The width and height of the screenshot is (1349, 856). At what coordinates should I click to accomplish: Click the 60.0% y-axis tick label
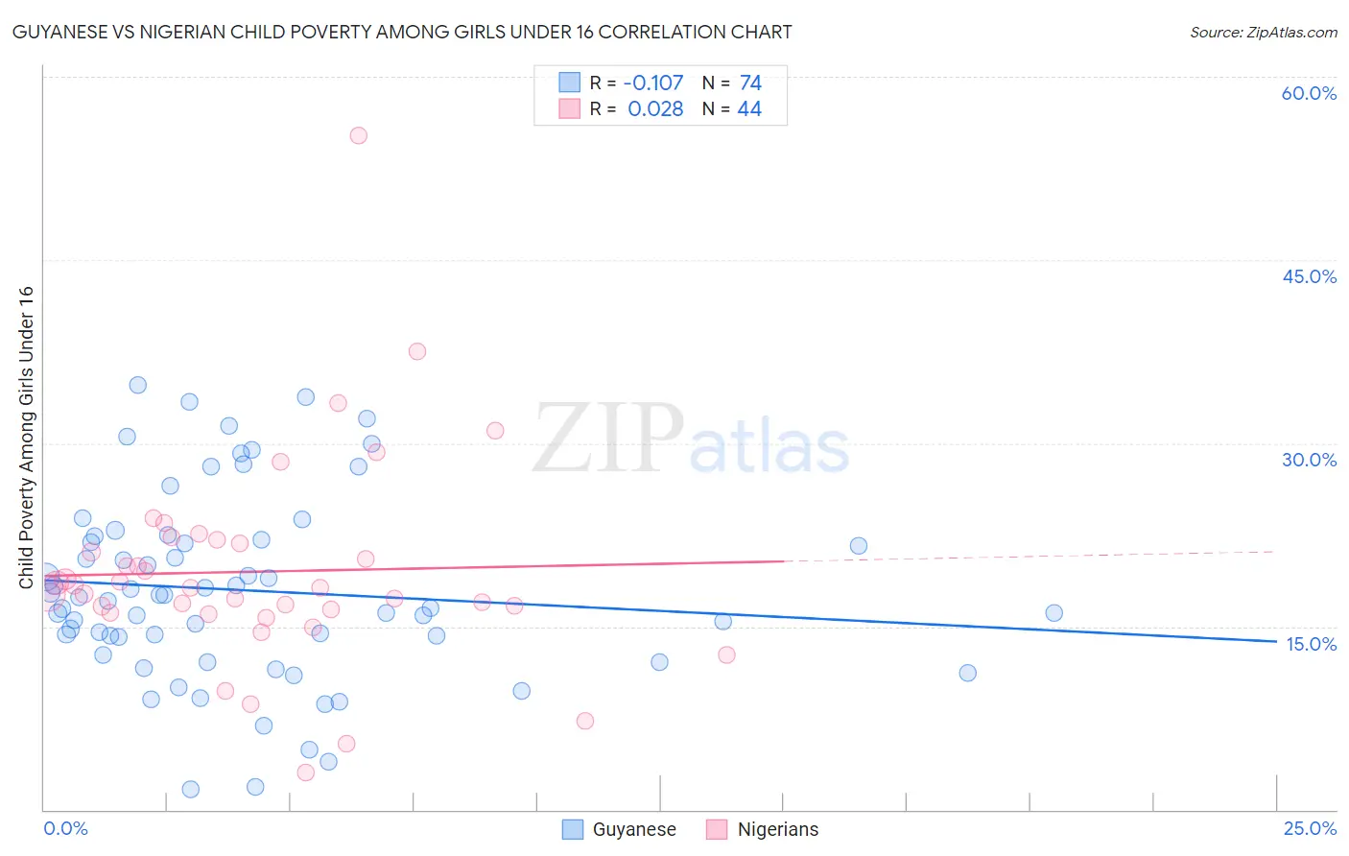pyautogui.click(x=1309, y=93)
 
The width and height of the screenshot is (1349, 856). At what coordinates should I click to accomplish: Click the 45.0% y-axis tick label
pyautogui.click(x=1309, y=276)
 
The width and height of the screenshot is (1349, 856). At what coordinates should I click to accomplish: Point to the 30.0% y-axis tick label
pyautogui.click(x=1309, y=460)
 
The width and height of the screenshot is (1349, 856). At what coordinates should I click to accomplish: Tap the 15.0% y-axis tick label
pyautogui.click(x=1311, y=644)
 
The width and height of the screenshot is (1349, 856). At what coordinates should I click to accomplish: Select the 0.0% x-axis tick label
pyautogui.click(x=65, y=828)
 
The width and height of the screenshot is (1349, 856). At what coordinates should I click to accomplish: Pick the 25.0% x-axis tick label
pyautogui.click(x=1310, y=828)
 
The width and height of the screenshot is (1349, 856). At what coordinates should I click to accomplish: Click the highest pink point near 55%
pyautogui.click(x=358, y=135)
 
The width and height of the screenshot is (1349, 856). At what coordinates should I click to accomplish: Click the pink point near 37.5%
pyautogui.click(x=416, y=351)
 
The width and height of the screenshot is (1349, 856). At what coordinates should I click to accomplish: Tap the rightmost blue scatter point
pyautogui.click(x=1053, y=613)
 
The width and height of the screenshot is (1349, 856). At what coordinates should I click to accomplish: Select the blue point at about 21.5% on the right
pyautogui.click(x=859, y=546)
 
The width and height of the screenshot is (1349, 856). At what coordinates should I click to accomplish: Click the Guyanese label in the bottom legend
pyautogui.click(x=634, y=829)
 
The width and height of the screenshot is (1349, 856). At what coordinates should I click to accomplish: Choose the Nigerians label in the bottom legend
pyautogui.click(x=778, y=829)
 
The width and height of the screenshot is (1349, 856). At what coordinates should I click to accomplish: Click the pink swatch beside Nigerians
pyautogui.click(x=716, y=829)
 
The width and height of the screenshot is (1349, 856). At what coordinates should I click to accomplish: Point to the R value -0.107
pyautogui.click(x=653, y=83)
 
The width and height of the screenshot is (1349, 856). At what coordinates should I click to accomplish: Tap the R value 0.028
pyautogui.click(x=655, y=108)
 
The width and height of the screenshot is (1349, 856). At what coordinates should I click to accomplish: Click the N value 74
pyautogui.click(x=750, y=83)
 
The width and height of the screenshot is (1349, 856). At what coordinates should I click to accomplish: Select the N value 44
pyautogui.click(x=749, y=108)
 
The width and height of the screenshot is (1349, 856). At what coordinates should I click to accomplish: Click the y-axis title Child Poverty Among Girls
pyautogui.click(x=27, y=437)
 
